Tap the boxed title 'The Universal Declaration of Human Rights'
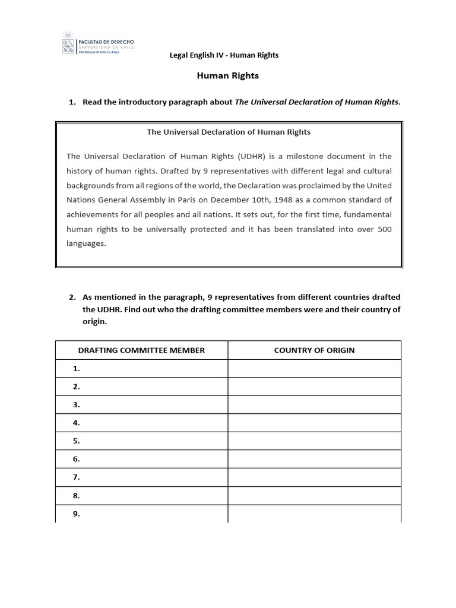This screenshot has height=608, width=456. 229,132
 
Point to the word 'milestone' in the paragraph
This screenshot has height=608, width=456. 303,156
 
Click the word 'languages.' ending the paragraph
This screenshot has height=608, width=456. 86,243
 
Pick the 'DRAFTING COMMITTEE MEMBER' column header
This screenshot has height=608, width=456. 141,350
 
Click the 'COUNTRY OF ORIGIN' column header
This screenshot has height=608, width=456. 314,350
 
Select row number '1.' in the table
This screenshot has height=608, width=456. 76,369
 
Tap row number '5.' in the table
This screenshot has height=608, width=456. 76,441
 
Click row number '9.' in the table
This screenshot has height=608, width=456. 76,514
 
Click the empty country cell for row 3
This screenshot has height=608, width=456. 314,405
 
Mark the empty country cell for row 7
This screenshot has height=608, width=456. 314,477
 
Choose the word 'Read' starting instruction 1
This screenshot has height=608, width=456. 92,102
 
